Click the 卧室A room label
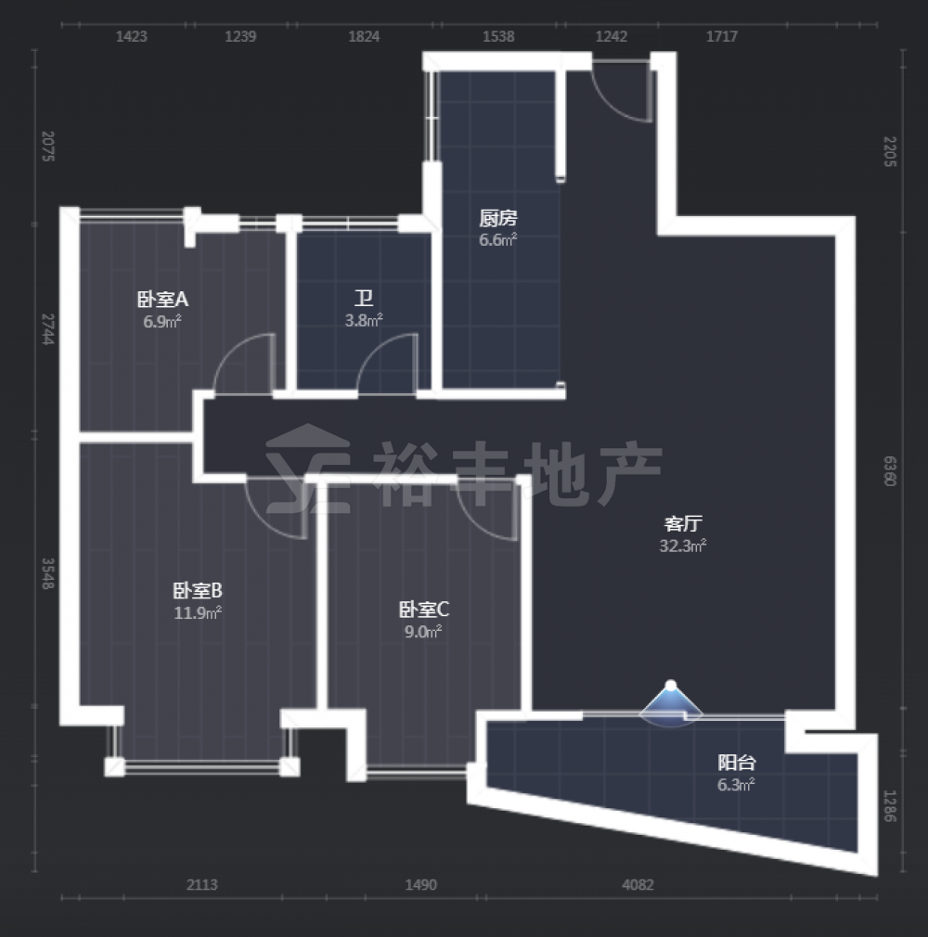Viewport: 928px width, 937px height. click(x=162, y=298)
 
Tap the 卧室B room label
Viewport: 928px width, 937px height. click(x=198, y=590)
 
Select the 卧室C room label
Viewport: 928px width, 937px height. click(x=423, y=609)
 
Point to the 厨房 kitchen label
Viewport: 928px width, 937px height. click(x=497, y=218)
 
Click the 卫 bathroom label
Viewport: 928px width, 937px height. click(x=364, y=298)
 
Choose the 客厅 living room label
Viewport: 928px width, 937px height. click(x=683, y=523)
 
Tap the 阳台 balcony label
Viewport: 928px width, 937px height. click(x=737, y=763)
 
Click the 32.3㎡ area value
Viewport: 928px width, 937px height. click(x=683, y=546)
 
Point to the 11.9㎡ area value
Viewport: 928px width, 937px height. click(x=198, y=612)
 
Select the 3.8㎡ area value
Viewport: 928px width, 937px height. click(x=364, y=320)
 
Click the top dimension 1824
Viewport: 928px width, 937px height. click(x=364, y=36)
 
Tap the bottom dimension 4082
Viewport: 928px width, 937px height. click(x=638, y=885)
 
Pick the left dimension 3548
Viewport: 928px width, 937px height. click(x=48, y=573)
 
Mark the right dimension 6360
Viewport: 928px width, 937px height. click(x=890, y=471)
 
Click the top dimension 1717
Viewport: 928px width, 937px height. click(x=722, y=36)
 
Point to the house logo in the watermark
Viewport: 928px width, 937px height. click(x=308, y=469)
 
